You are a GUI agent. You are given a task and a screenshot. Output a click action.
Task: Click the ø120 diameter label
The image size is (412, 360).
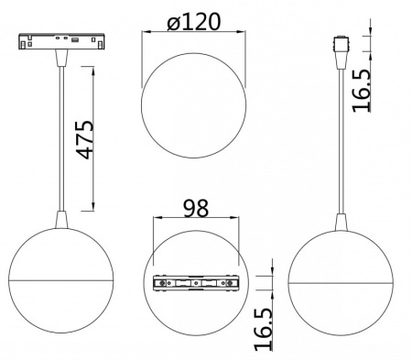(x=193, y=21)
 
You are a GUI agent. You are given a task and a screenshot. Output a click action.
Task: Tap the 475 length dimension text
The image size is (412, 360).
(x=85, y=139)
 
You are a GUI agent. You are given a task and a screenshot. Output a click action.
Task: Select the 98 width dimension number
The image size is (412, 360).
(x=196, y=208)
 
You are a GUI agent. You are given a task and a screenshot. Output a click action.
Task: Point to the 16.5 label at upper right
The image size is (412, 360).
(x=362, y=91)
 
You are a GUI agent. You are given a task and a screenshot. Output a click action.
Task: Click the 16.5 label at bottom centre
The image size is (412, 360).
(x=263, y=329)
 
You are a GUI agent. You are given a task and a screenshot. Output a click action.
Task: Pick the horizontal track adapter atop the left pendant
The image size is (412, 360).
(x=62, y=41)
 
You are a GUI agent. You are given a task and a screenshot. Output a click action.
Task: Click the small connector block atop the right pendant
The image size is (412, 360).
(x=342, y=45)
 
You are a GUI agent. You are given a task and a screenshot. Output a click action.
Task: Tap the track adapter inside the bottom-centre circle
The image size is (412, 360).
(x=196, y=283)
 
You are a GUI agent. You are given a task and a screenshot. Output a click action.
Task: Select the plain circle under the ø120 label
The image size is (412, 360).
(x=193, y=105)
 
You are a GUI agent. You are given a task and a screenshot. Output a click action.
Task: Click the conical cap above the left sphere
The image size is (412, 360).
(x=61, y=220)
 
